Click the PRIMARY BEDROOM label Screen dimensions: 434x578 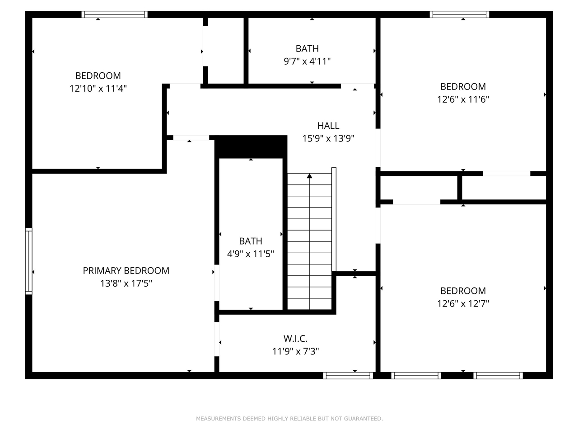126,270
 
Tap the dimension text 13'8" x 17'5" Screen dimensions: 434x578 126,283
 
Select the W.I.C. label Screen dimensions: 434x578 295,338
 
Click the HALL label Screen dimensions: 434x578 328,126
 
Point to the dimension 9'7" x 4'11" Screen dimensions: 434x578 307,61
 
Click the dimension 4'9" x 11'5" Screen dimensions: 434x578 250,254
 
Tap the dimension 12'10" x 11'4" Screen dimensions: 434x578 98,88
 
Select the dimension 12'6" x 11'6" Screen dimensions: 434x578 463,99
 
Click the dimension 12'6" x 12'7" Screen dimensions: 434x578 463,303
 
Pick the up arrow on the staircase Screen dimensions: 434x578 309,176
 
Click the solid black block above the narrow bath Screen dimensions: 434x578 251,146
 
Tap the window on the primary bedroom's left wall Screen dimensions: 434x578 29,261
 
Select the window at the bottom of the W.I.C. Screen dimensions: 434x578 348,375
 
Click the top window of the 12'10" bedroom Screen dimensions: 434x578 115,14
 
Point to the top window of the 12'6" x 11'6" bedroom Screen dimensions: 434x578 459,14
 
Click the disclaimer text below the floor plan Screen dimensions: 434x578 289,419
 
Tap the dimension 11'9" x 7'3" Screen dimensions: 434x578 295,351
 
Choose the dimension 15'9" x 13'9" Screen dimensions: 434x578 328,138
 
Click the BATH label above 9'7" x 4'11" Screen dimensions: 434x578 307,48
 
